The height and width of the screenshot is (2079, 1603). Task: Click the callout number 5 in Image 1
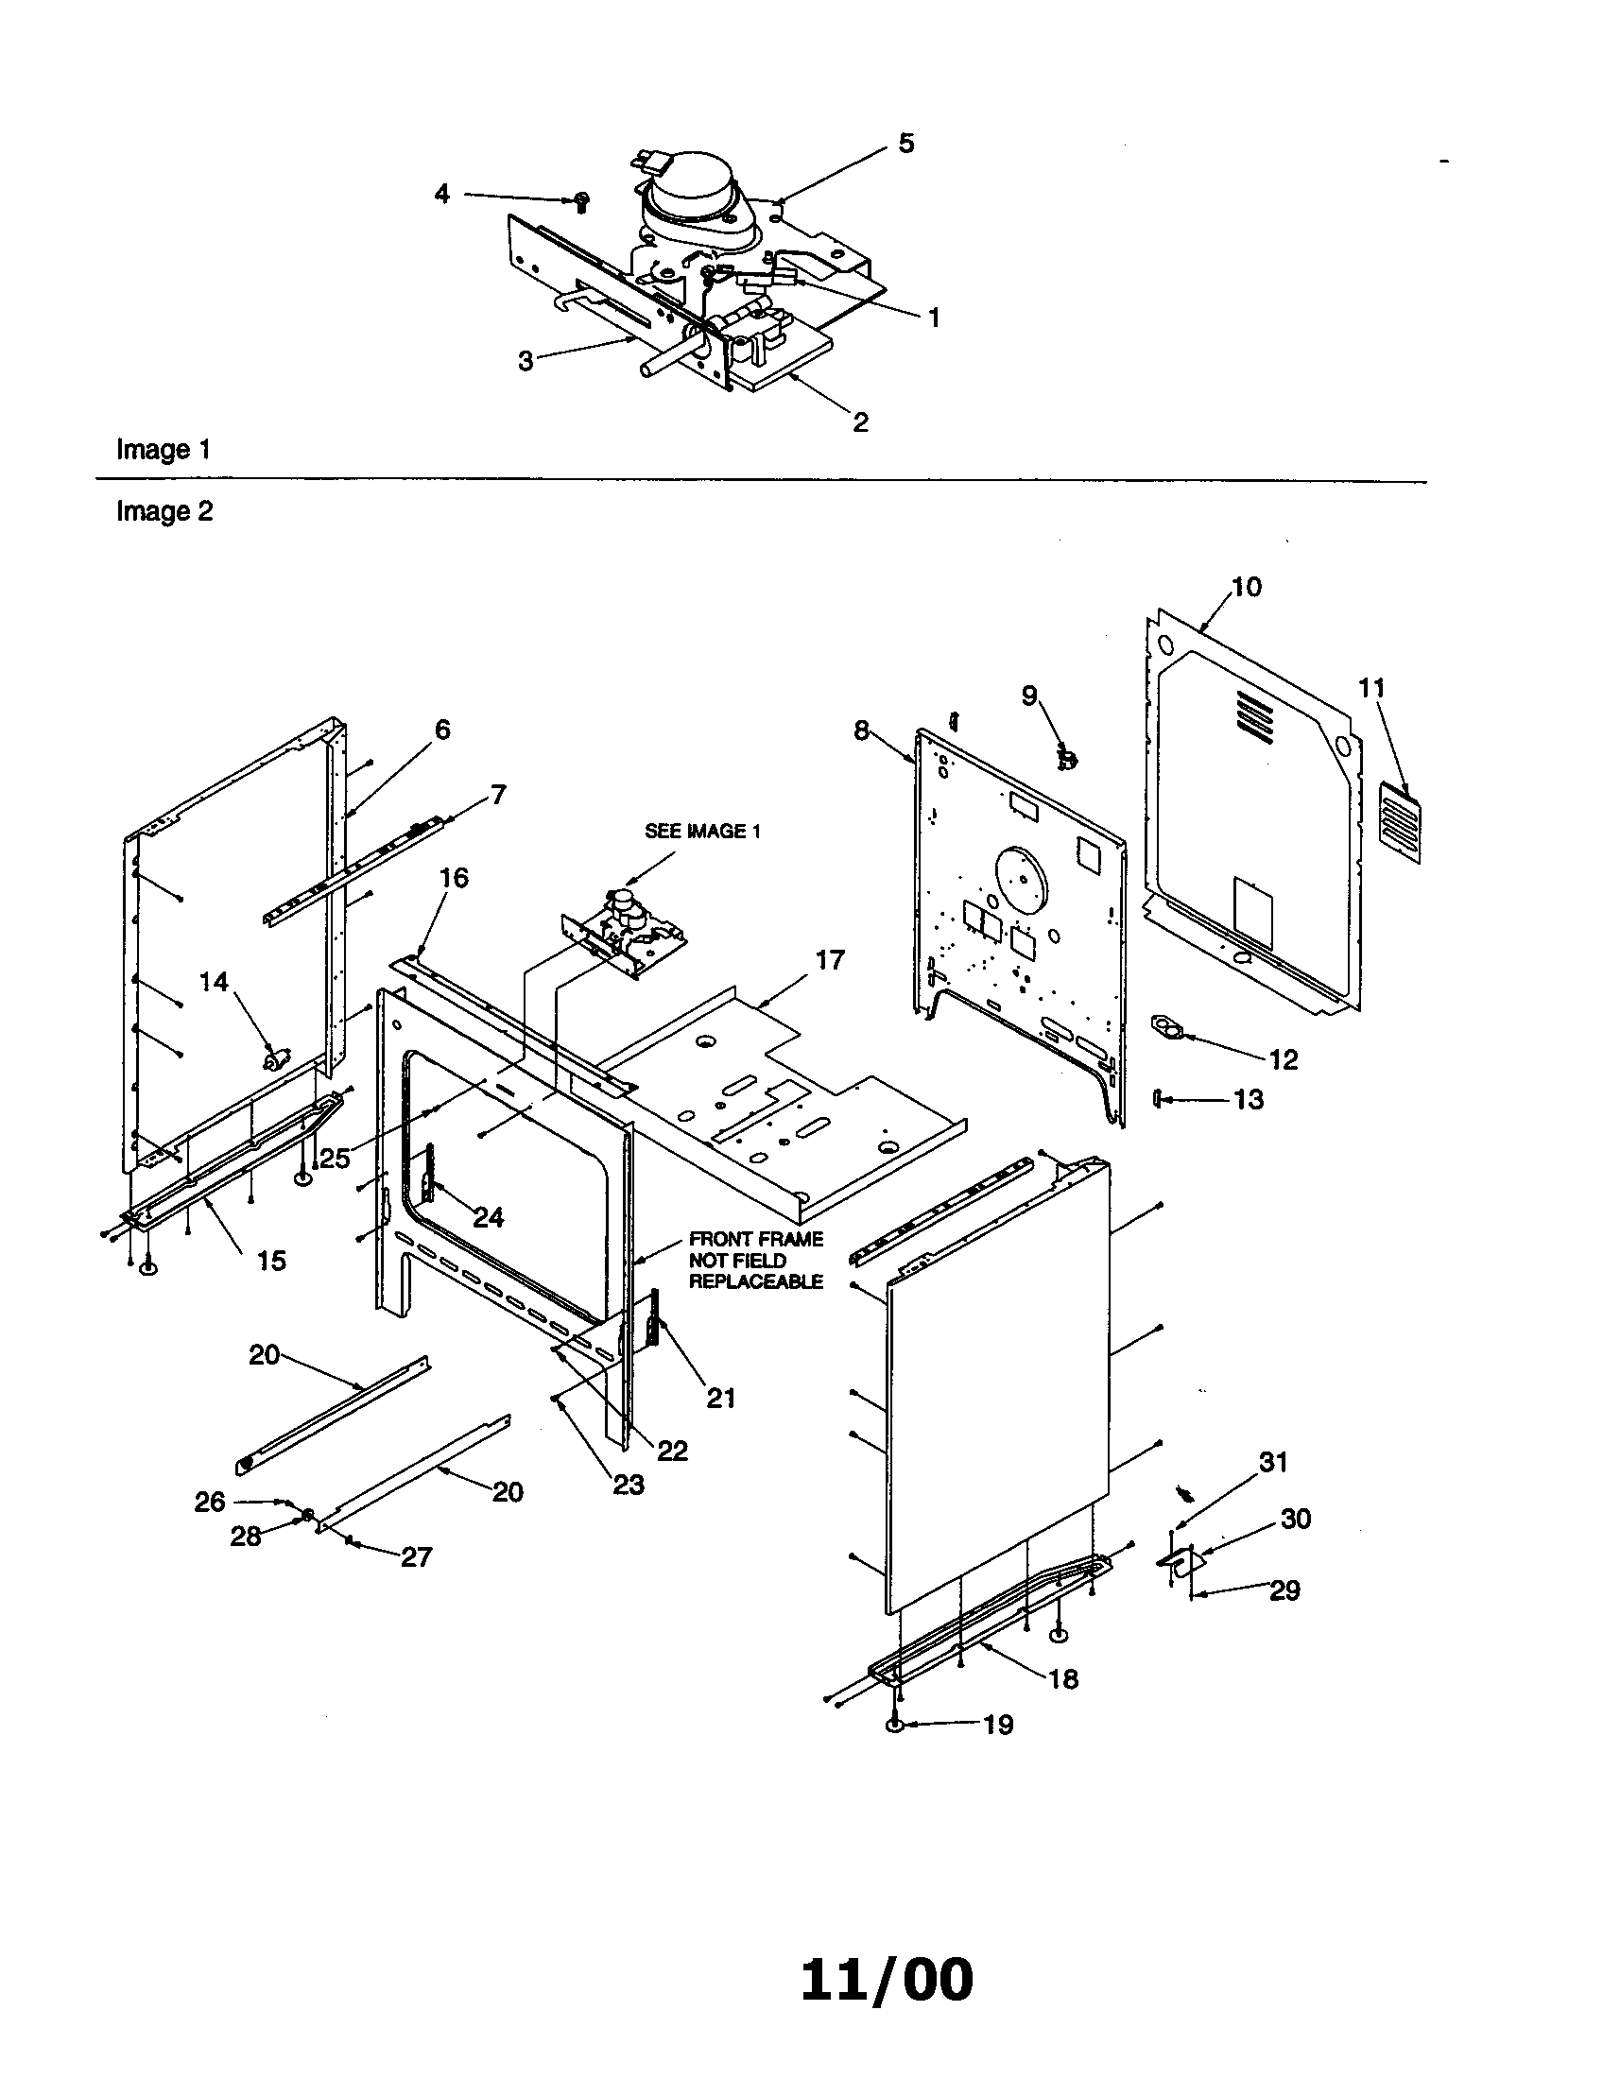[x=905, y=144]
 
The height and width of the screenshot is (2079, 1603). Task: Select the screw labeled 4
[x=581, y=199]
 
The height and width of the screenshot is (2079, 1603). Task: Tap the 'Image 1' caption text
[x=163, y=449]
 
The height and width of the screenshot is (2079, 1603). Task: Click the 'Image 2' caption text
[x=164, y=511]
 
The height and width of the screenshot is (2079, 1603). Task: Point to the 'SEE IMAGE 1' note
[x=702, y=831]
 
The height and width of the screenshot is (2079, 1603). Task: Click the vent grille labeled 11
[x=1399, y=821]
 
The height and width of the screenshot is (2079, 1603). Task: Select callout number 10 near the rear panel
[x=1246, y=587]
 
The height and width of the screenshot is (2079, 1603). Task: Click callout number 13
[x=1248, y=1099]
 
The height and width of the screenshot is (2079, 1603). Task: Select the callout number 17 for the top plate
[x=830, y=959]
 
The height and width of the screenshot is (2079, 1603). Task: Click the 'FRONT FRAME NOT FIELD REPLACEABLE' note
[x=756, y=1261]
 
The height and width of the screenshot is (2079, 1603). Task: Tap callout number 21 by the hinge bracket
[x=720, y=1398]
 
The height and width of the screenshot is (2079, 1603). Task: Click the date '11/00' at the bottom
[x=887, y=1980]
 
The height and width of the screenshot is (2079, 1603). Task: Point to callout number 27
[x=416, y=1556]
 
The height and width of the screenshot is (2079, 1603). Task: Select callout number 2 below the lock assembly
[x=859, y=422]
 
